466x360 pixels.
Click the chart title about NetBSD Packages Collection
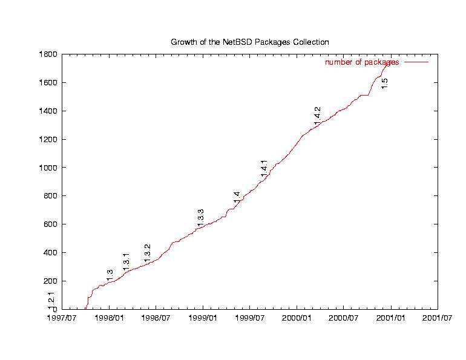[249, 42]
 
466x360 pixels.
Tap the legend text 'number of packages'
[362, 62]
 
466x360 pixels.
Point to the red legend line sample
[416, 62]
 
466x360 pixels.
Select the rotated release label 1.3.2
[147, 252]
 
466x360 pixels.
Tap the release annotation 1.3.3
[200, 218]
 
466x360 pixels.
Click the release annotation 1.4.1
[264, 168]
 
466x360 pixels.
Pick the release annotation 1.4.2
[317, 115]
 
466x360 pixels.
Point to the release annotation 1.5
[384, 83]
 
